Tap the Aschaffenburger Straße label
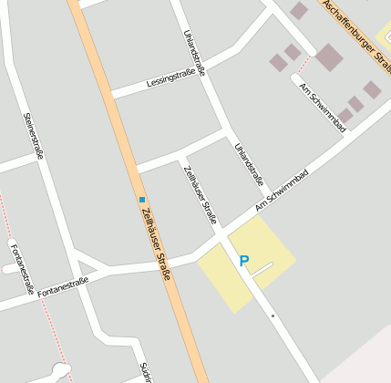coord(357,36)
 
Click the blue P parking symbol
coord(243,261)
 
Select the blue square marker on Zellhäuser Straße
coord(142,199)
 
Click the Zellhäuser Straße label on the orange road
coord(157,241)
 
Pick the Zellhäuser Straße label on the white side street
coord(200,195)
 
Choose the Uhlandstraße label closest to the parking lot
coord(248,163)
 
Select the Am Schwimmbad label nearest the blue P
coord(282,191)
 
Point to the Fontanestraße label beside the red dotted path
coord(23,269)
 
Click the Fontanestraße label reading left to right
coord(63,287)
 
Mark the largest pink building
coord(329,57)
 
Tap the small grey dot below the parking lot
coord(273,316)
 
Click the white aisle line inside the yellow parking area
coord(262,269)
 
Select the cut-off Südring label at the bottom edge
coord(144,373)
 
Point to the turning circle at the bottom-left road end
coord(60,369)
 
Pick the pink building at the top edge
coord(299,10)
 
